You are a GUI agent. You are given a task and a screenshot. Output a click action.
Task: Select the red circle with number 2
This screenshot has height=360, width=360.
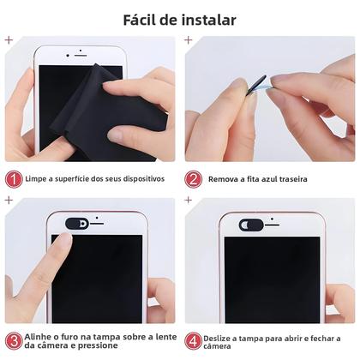(194, 178)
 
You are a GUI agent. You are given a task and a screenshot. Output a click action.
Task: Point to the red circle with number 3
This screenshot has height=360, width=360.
(14, 339)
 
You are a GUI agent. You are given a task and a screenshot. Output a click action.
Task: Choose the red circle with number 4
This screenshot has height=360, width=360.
(194, 339)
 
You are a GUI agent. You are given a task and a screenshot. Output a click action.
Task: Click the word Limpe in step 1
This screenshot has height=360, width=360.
(38, 179)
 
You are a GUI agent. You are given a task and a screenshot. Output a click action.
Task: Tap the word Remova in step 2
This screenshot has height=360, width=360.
(225, 179)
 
